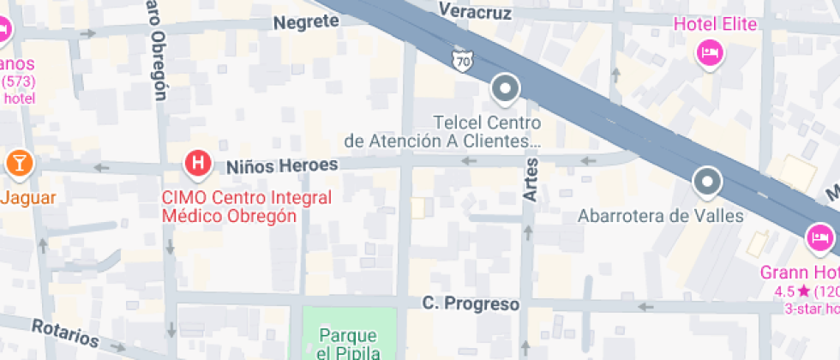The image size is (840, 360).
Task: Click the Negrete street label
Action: [306, 22]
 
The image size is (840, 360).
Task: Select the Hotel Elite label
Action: [716, 24]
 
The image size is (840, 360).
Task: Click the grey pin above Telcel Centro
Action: [506, 89]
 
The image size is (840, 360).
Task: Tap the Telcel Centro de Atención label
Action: [442, 131]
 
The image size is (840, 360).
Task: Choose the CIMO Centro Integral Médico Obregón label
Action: [247, 207]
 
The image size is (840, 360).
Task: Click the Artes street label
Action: [531, 180]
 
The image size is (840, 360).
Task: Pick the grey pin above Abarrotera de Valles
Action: [707, 182]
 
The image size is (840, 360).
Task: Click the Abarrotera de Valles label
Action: [660, 215]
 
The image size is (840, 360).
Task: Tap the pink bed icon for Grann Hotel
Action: [820, 236]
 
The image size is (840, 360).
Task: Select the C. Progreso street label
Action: [471, 304]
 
